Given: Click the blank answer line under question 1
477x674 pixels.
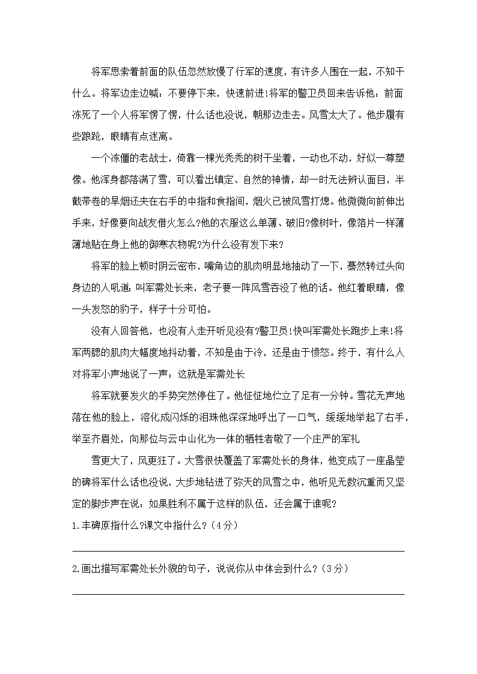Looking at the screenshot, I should pyautogui.click(x=238, y=550).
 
